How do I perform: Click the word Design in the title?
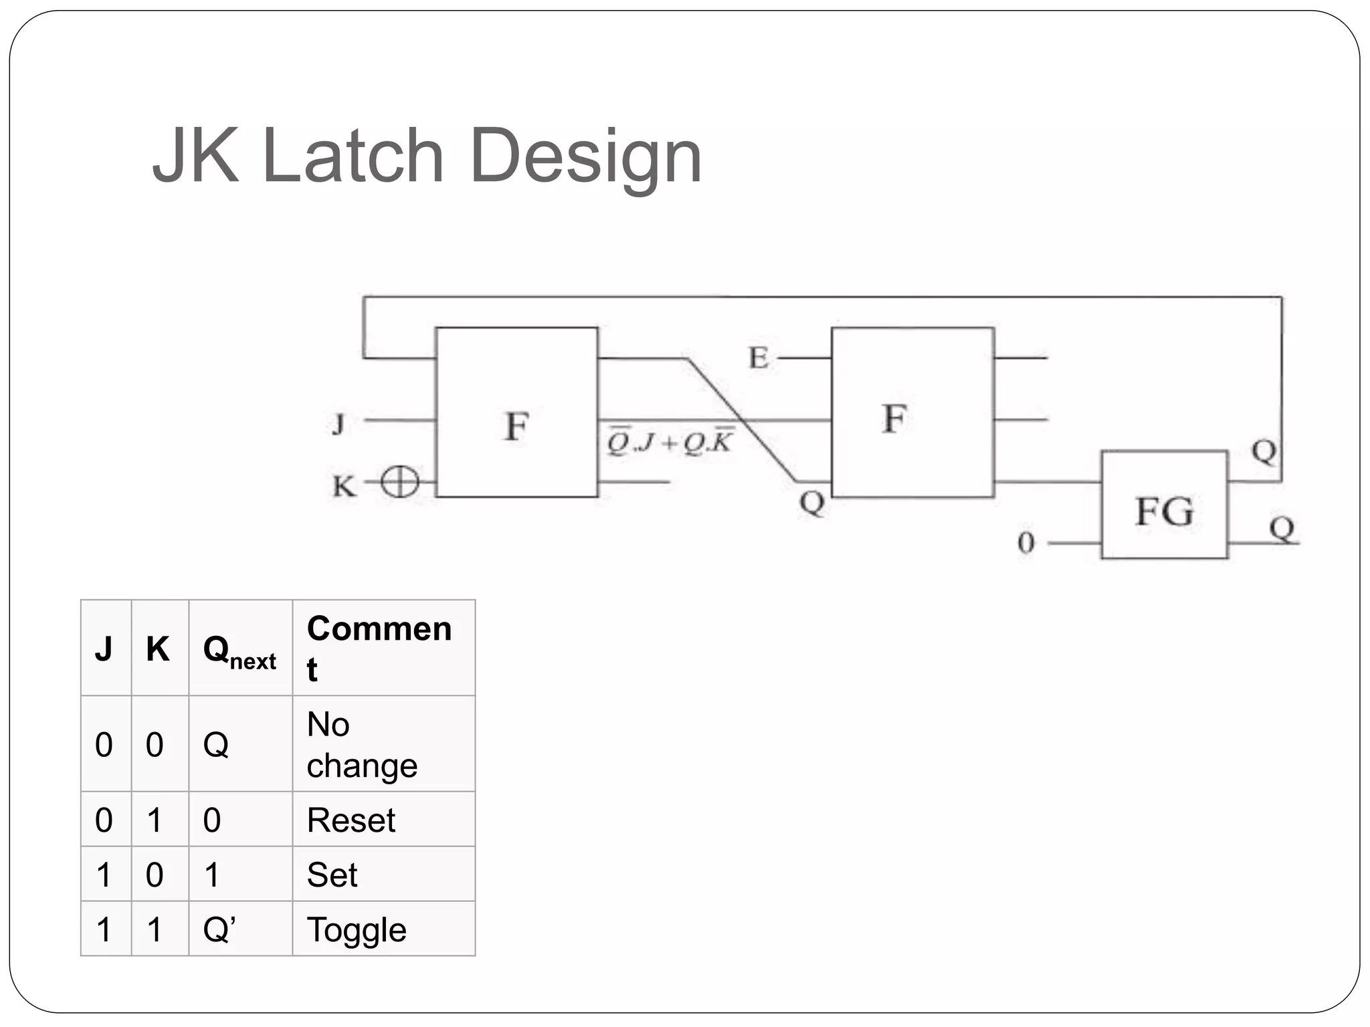point(585,158)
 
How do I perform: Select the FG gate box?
point(1164,505)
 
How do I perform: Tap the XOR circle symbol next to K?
point(399,481)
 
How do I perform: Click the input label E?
point(758,358)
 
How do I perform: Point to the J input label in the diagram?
point(339,424)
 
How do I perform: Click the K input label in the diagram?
point(344,486)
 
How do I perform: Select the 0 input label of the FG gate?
point(1025,543)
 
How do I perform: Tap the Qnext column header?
point(239,651)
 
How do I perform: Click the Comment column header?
point(379,648)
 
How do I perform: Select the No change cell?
point(362,745)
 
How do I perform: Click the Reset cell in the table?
point(351,820)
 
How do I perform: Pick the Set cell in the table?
point(332,875)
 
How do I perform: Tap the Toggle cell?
point(357,930)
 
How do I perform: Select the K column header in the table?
point(158,649)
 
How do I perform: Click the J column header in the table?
point(104,649)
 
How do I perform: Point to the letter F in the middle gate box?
point(894,419)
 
